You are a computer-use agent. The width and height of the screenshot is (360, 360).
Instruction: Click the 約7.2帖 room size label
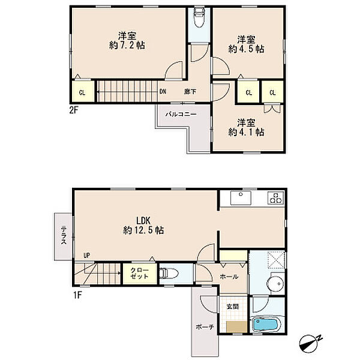[x=127, y=45]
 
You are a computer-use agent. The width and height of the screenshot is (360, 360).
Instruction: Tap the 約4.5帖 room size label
[x=246, y=49]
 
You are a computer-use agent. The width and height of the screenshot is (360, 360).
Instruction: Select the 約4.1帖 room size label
[x=246, y=132]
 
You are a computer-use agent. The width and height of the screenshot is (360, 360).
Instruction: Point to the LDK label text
[x=143, y=221]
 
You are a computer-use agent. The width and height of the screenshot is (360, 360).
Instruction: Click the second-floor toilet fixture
[x=199, y=17]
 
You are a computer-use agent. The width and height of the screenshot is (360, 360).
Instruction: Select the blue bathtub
[x=266, y=324]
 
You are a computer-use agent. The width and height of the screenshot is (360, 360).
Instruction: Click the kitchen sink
[x=241, y=197]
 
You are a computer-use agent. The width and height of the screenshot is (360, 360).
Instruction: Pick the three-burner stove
[x=276, y=197]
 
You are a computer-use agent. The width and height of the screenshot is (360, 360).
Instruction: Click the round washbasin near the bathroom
[x=275, y=284]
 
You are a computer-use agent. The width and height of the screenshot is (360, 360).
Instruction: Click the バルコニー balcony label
[x=181, y=114]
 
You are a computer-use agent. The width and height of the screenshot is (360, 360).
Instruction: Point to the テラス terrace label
[x=63, y=235]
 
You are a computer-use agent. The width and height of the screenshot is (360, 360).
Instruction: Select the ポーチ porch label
[x=205, y=327]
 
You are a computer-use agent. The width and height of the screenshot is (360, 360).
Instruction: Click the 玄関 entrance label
[x=232, y=307]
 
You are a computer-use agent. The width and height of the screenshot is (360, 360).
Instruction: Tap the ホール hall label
[x=229, y=277]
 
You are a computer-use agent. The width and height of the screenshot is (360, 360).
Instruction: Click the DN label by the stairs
[x=163, y=92]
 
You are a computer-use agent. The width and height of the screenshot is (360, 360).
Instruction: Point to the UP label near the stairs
[x=86, y=256]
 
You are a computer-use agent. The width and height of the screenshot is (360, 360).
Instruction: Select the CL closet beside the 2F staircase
[x=83, y=91]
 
